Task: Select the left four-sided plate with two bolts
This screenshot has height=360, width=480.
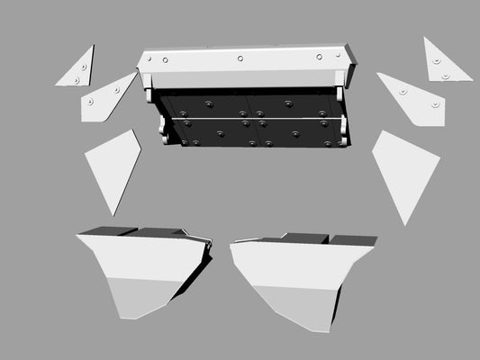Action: [106, 98]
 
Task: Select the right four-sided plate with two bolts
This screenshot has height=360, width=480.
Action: [414, 98]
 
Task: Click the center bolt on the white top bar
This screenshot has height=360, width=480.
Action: [240, 58]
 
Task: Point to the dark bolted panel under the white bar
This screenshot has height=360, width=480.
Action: [252, 117]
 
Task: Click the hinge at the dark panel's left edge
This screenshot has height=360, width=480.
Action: [164, 130]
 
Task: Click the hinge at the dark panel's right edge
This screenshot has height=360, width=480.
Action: [342, 130]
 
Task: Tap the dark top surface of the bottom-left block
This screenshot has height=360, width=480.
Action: [135, 232]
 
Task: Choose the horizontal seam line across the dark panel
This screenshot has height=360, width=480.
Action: [252, 117]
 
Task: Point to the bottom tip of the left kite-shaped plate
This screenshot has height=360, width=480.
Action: [114, 214]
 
